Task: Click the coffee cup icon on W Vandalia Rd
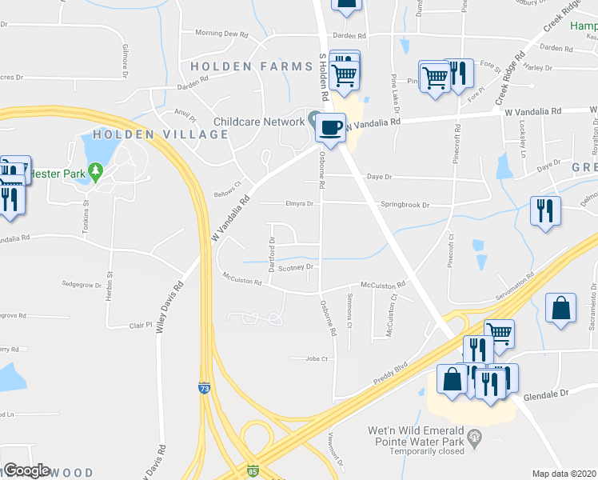(330, 126)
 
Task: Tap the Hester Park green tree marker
(96, 170)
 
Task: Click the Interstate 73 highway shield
(205, 388)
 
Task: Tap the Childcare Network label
(257, 122)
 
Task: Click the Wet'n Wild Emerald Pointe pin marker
(476, 437)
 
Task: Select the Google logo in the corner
(26, 470)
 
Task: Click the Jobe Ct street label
(317, 359)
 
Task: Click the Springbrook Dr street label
(405, 205)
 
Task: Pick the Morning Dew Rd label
(224, 34)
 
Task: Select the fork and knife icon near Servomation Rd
(545, 210)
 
